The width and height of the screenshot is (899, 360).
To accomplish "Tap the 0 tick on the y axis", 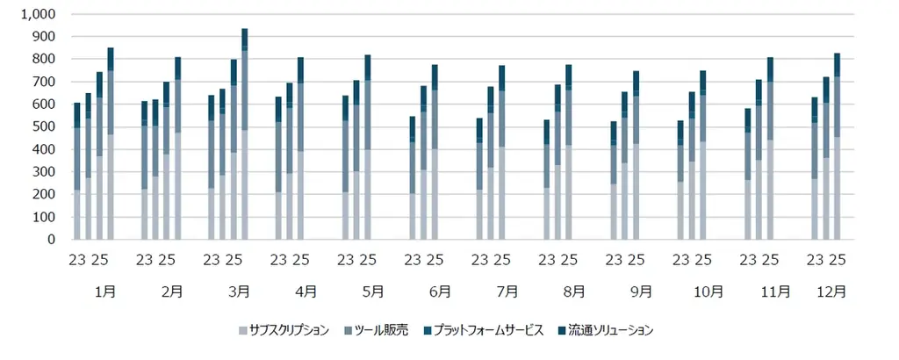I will click(51, 240).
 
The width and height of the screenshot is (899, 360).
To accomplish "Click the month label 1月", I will click(104, 291).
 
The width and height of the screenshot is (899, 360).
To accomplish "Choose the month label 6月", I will click(440, 291).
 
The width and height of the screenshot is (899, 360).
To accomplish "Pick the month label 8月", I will click(574, 291).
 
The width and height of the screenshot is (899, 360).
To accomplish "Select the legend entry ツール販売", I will click(377, 330).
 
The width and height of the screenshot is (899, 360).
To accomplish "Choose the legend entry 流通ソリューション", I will click(606, 330).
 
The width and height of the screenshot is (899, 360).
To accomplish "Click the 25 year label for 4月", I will click(300, 260).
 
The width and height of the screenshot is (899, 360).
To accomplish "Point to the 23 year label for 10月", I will click(680, 260).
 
